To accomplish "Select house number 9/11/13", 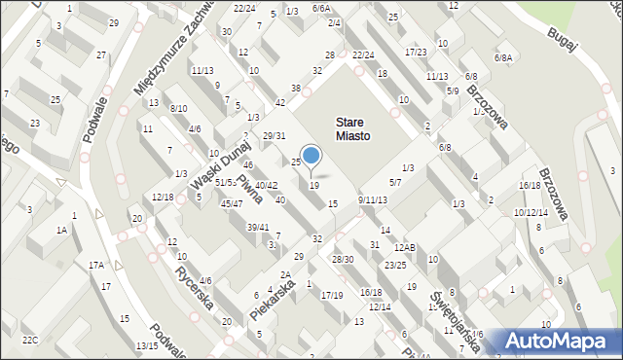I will [372, 199].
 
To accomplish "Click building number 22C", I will [30, 339].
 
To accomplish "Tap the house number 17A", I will [96, 265].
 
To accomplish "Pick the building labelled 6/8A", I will [502, 58].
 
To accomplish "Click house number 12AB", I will [404, 248].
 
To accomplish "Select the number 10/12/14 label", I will [531, 212].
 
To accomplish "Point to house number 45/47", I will [232, 203].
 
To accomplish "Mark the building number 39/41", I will [257, 227].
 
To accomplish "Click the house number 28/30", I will [343, 259].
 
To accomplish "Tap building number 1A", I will [61, 230].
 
